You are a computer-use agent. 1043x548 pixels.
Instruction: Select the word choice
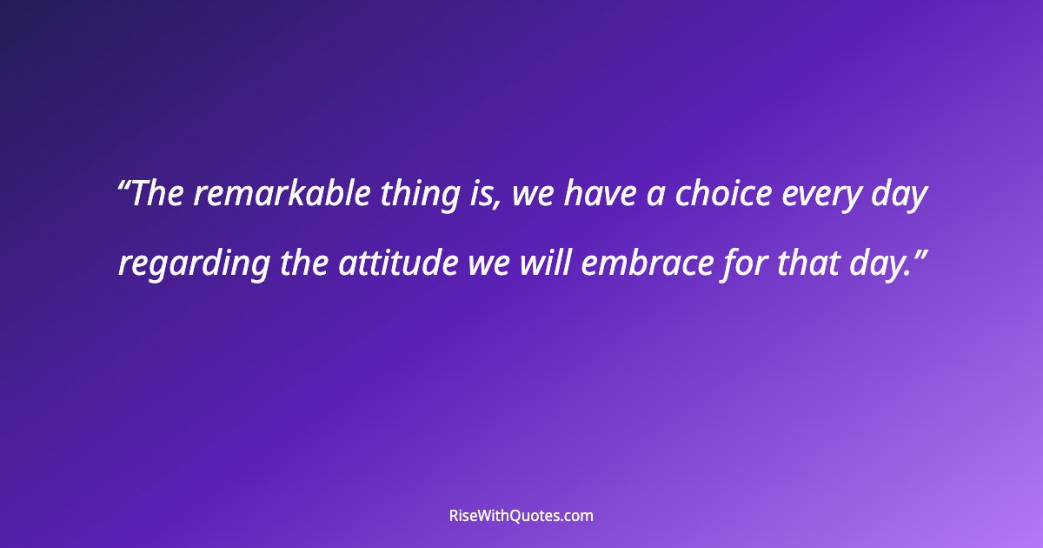(x=722, y=196)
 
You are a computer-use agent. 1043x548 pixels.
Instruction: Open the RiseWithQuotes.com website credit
(x=521, y=516)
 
